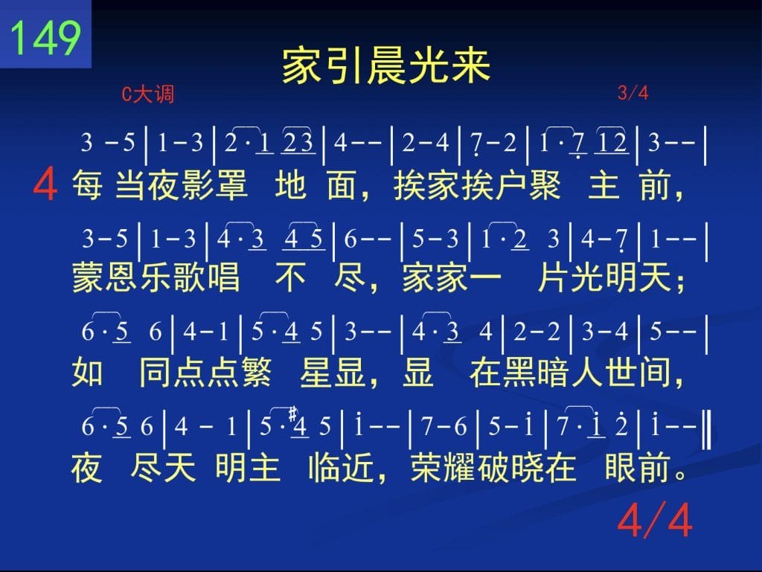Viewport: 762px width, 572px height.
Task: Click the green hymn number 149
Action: [x=45, y=37]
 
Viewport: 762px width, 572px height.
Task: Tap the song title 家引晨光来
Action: [x=386, y=66]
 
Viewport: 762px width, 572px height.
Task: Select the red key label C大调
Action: [x=148, y=94]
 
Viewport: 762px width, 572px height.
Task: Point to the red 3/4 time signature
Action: [x=633, y=92]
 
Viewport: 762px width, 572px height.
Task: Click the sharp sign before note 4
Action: [x=292, y=414]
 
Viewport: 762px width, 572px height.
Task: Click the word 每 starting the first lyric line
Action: [x=88, y=185]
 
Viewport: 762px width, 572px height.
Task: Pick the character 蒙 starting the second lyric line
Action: [x=89, y=277]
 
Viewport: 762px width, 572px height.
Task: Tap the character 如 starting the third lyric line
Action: [x=88, y=372]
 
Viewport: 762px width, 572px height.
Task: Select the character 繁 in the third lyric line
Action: [x=254, y=372]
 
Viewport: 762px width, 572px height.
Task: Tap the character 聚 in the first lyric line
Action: [x=544, y=185]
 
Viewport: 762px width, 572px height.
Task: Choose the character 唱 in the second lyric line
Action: [x=223, y=277]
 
